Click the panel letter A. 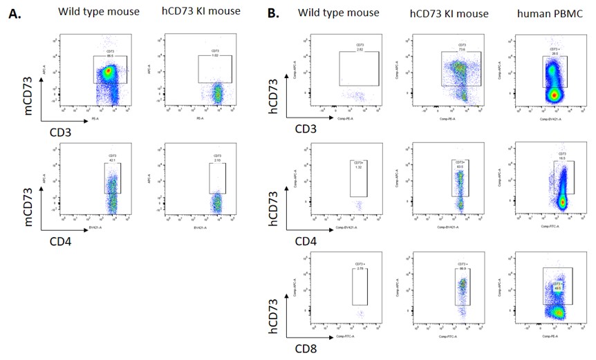point(13,14)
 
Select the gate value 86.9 point(463,267)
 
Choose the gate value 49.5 point(555,287)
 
